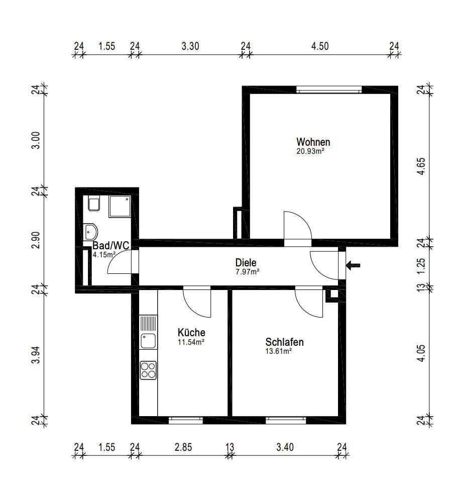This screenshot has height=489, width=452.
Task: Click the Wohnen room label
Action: [x=313, y=142]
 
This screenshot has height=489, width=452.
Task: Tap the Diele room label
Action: [x=246, y=262]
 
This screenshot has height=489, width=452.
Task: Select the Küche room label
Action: [x=191, y=332]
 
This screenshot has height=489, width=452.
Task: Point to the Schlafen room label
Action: [x=284, y=342]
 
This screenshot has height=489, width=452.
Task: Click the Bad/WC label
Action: [x=110, y=245]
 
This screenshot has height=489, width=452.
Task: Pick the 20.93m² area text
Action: [x=310, y=152]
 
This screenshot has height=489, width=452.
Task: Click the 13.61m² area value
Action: [x=278, y=351]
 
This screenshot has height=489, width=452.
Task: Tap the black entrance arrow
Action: [x=353, y=266]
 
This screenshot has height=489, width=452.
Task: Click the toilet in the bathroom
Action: [x=94, y=204]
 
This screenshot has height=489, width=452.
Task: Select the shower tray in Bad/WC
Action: [x=120, y=207]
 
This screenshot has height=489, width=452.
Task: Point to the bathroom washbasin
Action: [x=91, y=232]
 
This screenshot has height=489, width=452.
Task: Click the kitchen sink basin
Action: [x=148, y=341]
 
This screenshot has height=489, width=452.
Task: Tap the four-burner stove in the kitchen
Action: [x=148, y=370]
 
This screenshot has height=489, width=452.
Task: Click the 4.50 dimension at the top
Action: [x=320, y=46]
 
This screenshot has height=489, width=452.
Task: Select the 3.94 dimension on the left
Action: [x=36, y=355]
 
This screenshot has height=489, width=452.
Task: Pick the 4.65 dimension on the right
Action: [x=421, y=166]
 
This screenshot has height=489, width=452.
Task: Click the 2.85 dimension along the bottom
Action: [x=183, y=447]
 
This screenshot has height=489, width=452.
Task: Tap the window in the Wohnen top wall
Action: [x=329, y=90]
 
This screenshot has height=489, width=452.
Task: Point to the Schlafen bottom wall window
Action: [x=286, y=420]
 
